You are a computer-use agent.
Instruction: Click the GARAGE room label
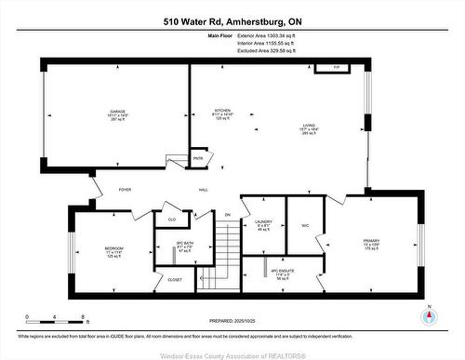pyautogui.click(x=117, y=112)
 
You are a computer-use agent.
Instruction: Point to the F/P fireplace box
pyautogui.click(x=327, y=68)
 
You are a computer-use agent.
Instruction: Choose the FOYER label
pyautogui.click(x=125, y=189)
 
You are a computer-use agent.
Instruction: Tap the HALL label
pyautogui.click(x=203, y=189)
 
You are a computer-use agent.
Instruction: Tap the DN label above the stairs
pyautogui.click(x=227, y=215)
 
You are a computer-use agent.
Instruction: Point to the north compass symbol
pyautogui.click(x=428, y=315)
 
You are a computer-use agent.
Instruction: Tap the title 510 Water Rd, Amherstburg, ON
pyautogui.click(x=232, y=20)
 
